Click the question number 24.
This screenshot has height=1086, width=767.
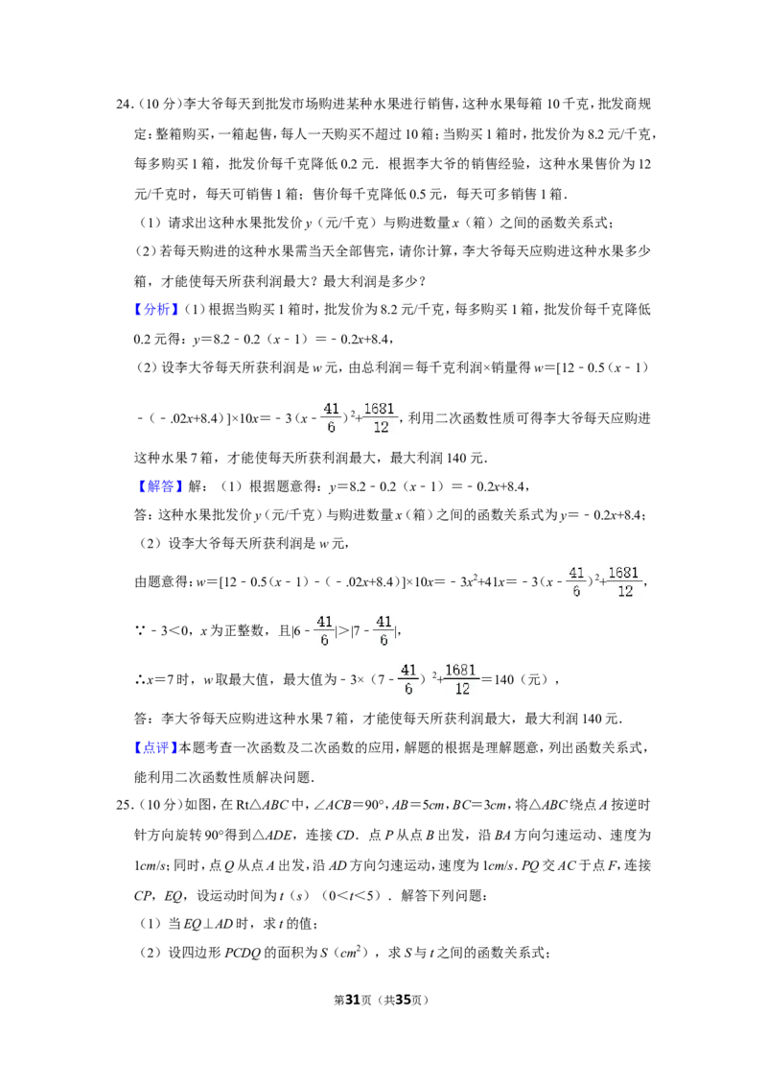(x=124, y=105)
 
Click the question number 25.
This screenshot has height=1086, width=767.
(x=124, y=805)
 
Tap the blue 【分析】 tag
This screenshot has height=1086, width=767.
(x=156, y=309)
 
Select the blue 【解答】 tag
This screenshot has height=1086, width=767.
(x=156, y=486)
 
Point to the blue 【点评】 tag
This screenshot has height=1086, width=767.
(x=156, y=747)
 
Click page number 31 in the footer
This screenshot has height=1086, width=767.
(x=353, y=1000)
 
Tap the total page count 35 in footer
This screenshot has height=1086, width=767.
(x=403, y=1000)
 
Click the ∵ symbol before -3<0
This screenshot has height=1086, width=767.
(x=139, y=631)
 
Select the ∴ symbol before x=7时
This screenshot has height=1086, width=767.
(x=139, y=680)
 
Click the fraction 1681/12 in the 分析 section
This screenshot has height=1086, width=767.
(x=380, y=417)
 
